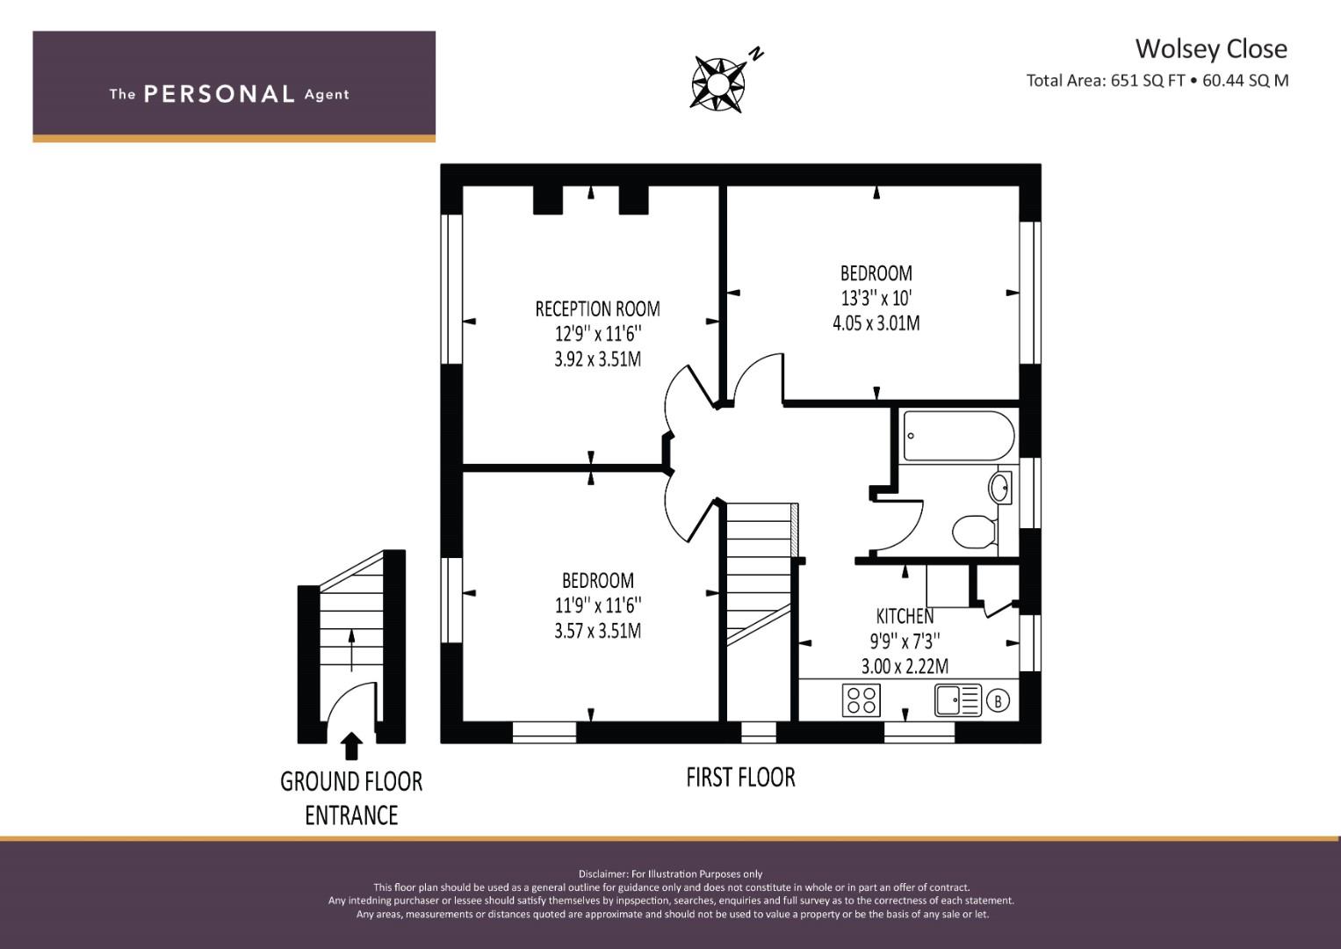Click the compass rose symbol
coord(718,83)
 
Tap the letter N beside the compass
coord(757,54)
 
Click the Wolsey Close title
coord(1211,48)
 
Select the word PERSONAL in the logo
coord(220,94)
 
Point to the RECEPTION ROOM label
coord(597,309)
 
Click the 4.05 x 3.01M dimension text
coord(876,323)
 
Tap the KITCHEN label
coord(905,616)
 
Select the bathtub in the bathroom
coord(958,436)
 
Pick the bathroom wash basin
coord(999,488)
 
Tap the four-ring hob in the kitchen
coord(861,700)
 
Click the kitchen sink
coord(958,700)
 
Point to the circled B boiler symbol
coord(998,700)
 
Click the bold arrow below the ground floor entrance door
coord(351,746)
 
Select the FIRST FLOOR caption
coord(740,778)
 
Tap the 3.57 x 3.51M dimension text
coord(597,631)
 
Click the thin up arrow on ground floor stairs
coord(351,650)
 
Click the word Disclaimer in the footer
coord(602,874)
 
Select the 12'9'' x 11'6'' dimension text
coord(597,334)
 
